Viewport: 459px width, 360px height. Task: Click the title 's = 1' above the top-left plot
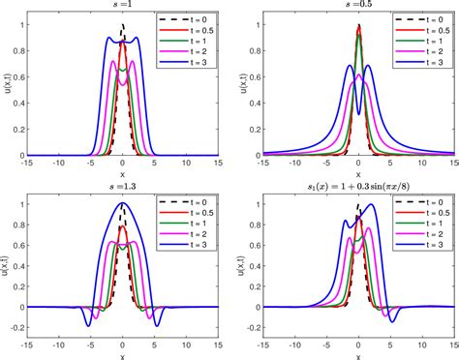click(122, 6)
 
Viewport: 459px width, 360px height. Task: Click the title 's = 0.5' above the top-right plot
click(358, 6)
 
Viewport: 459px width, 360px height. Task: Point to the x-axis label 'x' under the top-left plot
click(122, 174)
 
